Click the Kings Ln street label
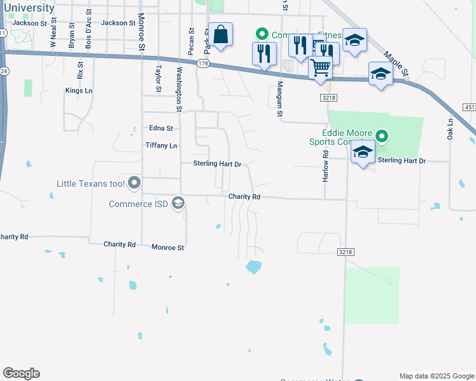(x=79, y=91)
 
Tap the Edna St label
(x=161, y=128)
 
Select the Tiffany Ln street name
(x=162, y=145)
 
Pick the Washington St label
(x=179, y=90)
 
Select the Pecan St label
(x=191, y=39)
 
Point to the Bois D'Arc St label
(x=88, y=34)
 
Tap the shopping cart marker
(x=320, y=67)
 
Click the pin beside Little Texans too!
(x=134, y=184)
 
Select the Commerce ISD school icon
(x=179, y=203)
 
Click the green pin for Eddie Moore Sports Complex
(x=382, y=136)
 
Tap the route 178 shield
(x=203, y=63)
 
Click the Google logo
(x=21, y=373)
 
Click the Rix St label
(x=80, y=69)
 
